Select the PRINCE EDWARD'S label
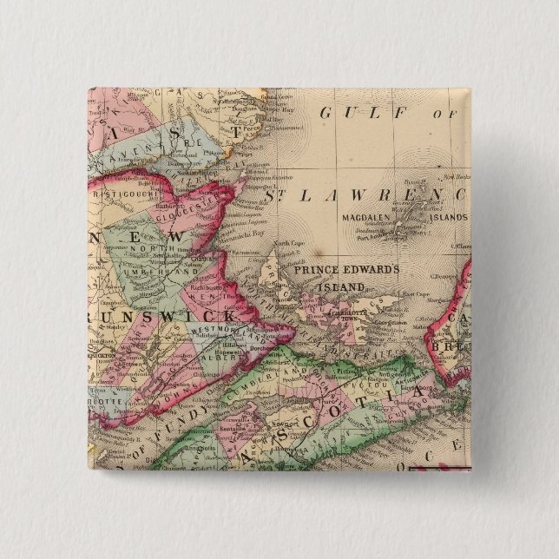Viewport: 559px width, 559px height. [345, 270]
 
